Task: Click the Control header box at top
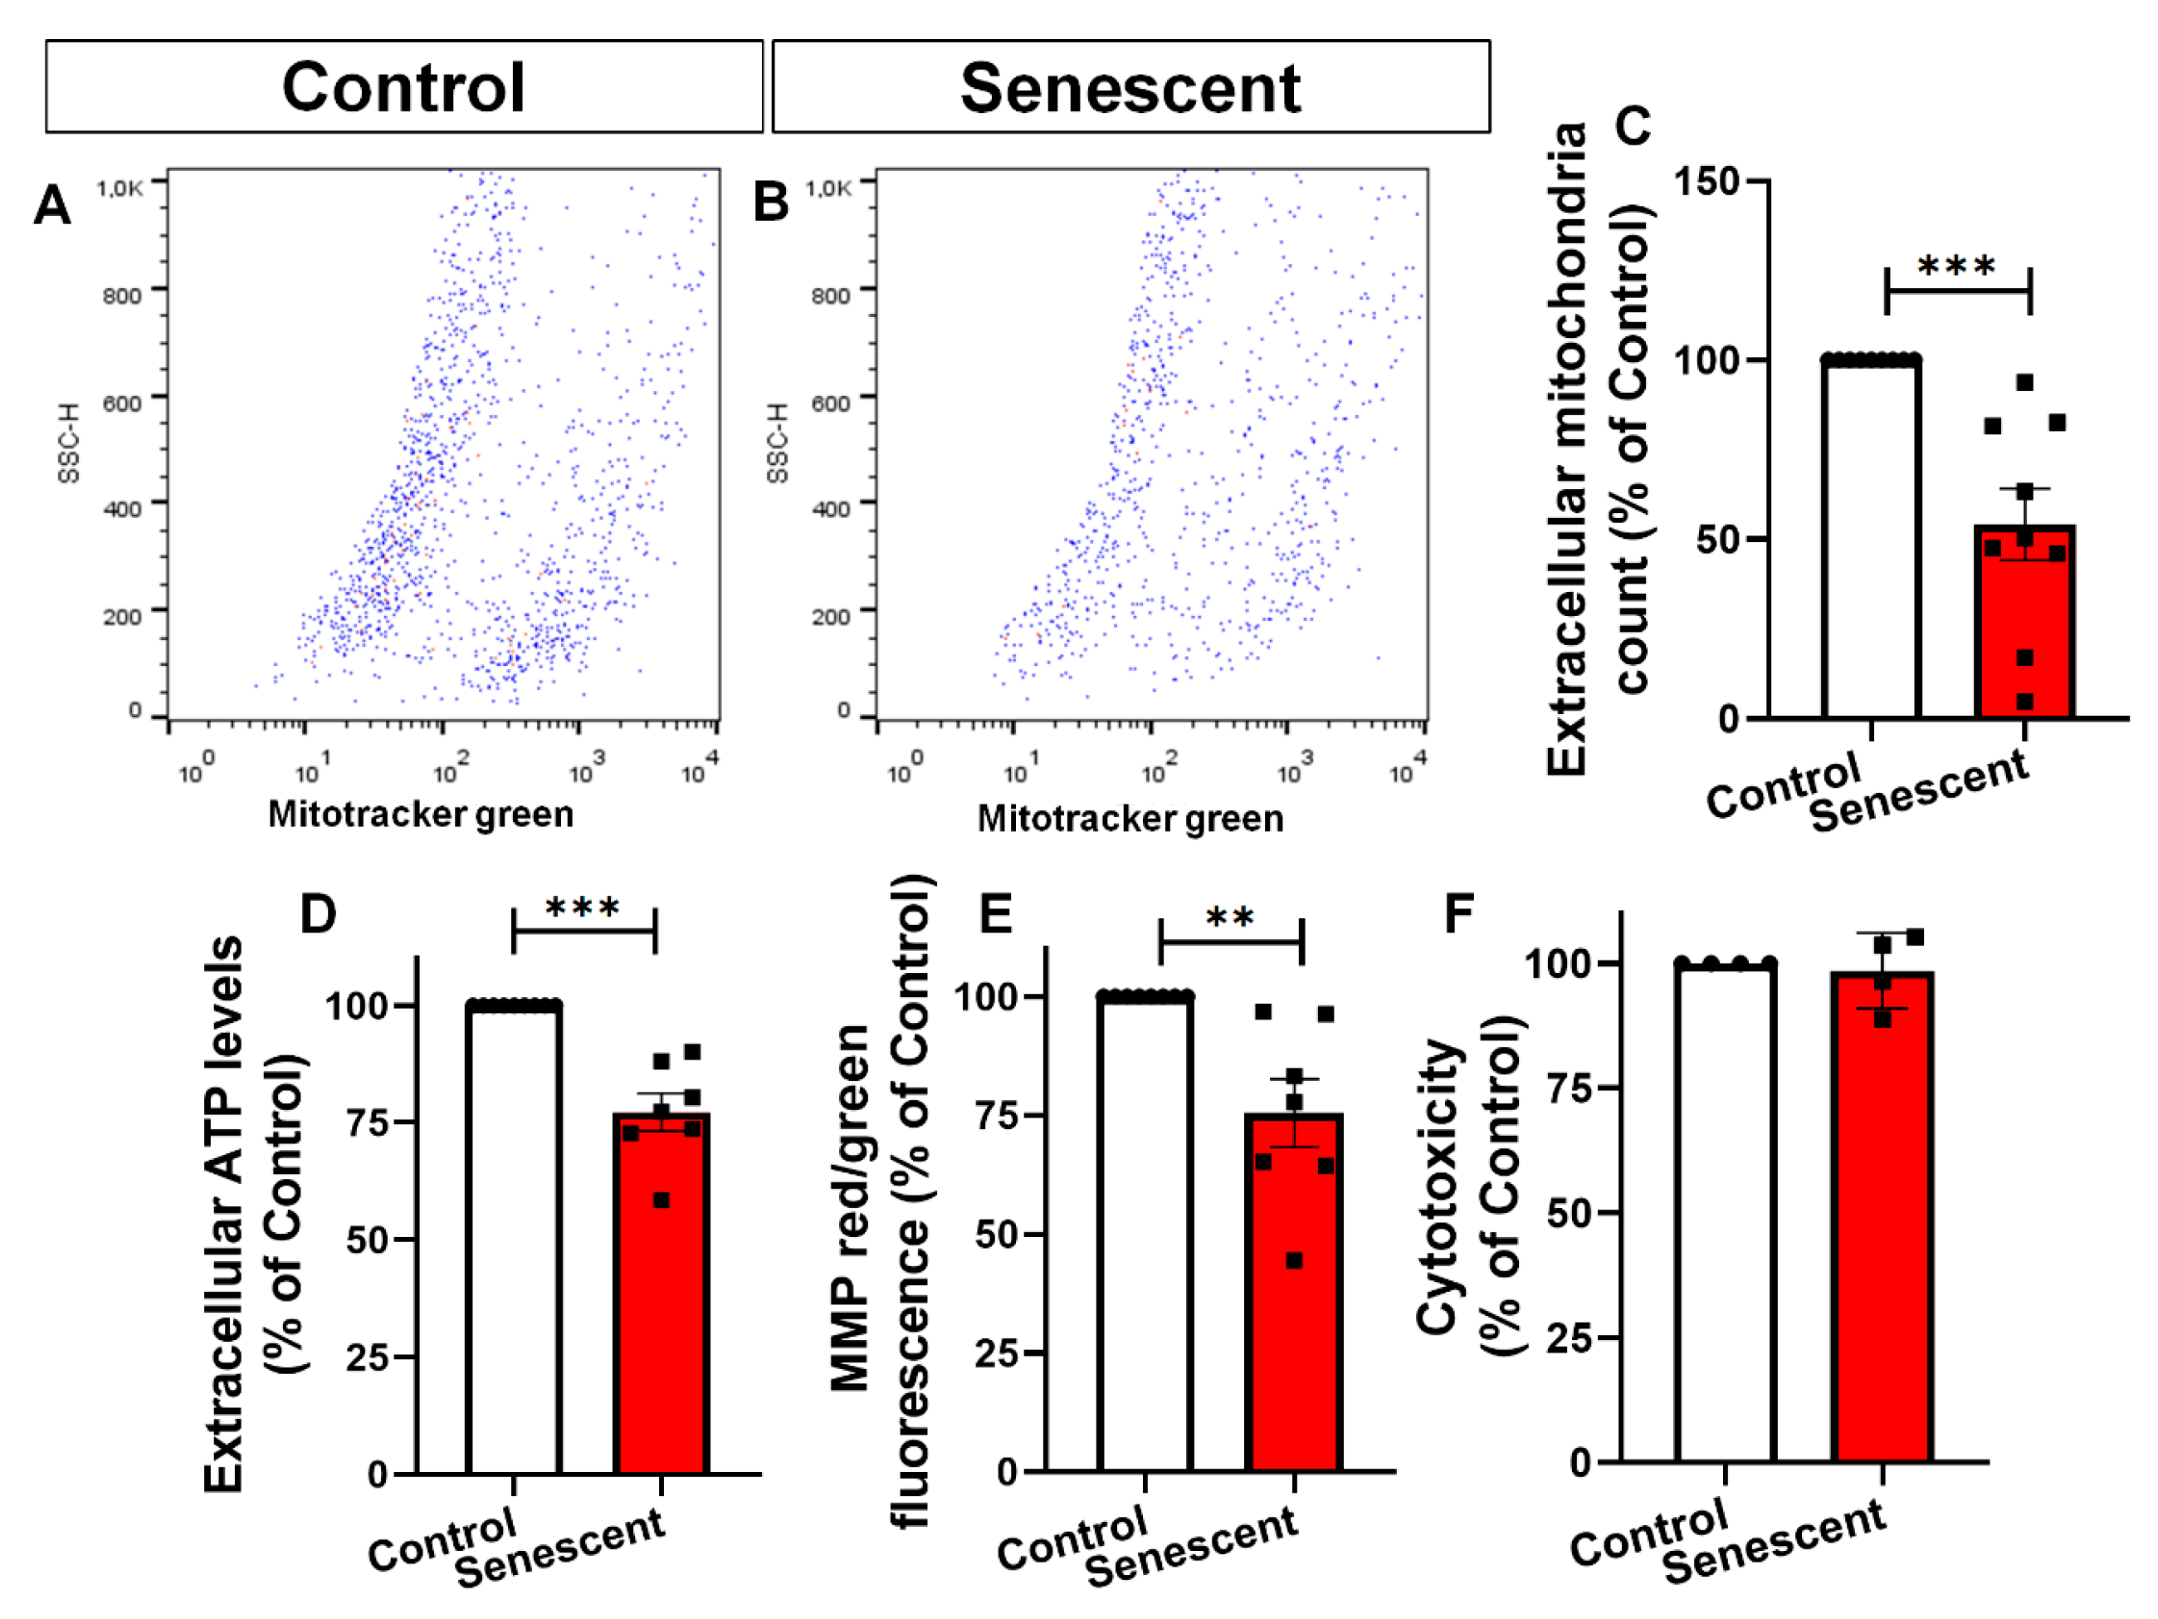click(x=404, y=86)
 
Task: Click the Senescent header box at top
click(x=1130, y=86)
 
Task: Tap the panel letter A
click(x=52, y=205)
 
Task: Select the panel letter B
click(x=771, y=203)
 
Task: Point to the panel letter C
click(x=1633, y=126)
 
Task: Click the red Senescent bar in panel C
click(x=2024, y=622)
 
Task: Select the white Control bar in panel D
click(x=514, y=1239)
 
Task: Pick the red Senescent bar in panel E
click(x=1294, y=1292)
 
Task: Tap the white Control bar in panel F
click(x=1725, y=1213)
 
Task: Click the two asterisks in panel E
click(x=1230, y=917)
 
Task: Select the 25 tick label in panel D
click(x=368, y=1357)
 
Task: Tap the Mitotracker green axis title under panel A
click(x=421, y=814)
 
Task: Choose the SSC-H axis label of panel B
click(x=777, y=443)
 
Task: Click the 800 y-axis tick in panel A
click(x=122, y=295)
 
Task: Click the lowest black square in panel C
click(x=2025, y=702)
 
